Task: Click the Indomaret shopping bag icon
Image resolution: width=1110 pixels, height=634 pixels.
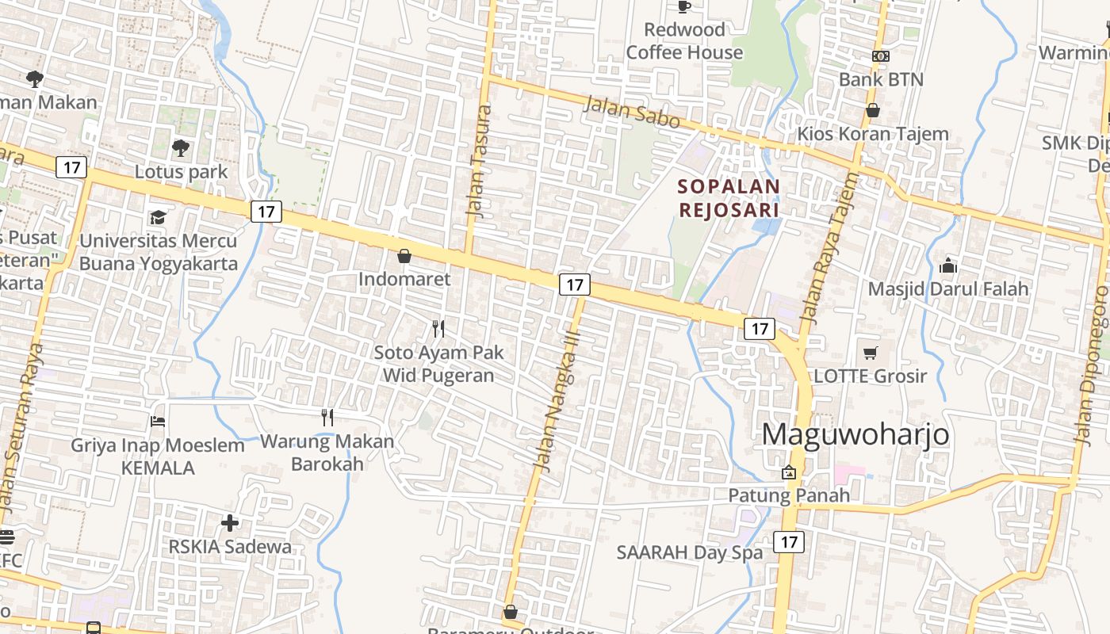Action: [x=404, y=256]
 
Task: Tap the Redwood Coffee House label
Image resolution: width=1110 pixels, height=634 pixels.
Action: [x=685, y=41]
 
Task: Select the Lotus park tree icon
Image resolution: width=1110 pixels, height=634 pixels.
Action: [x=181, y=147]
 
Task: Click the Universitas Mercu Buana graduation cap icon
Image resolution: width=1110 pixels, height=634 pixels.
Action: [x=158, y=217]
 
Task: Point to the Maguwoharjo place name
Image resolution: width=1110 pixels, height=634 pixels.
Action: [x=855, y=434]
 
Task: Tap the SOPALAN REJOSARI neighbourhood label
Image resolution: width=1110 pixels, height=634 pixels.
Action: [x=729, y=198]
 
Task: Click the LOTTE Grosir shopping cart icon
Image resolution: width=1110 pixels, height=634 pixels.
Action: [x=871, y=353]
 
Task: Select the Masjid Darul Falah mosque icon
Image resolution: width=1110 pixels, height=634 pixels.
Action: [x=947, y=265]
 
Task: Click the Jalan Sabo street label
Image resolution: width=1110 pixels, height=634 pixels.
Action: [x=633, y=112]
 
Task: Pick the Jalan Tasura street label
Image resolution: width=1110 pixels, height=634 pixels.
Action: [x=480, y=162]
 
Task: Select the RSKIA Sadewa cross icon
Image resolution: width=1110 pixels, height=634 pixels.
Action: [x=230, y=523]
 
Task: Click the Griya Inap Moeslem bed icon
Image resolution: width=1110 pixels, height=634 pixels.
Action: [x=158, y=422]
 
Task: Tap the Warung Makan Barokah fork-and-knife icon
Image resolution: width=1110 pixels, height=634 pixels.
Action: [x=327, y=418]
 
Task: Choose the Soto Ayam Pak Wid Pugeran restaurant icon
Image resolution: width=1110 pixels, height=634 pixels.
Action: [x=438, y=328]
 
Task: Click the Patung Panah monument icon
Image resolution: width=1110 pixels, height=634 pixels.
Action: [x=789, y=472]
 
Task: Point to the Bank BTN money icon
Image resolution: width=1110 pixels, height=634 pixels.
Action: [x=880, y=56]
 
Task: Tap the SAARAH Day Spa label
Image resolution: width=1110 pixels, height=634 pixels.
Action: [x=690, y=552]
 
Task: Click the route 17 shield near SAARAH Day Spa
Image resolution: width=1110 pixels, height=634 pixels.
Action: [x=788, y=542]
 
